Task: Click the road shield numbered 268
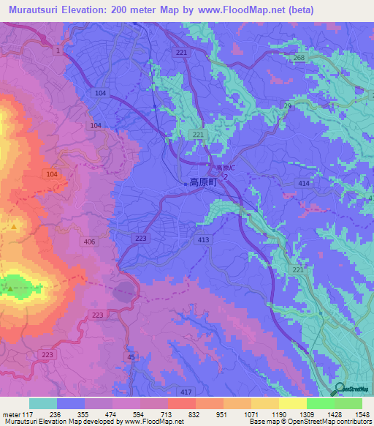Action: coord(297,59)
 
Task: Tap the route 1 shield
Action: coord(57,50)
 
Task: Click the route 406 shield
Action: coord(90,242)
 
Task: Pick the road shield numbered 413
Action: coord(204,239)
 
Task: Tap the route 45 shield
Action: coord(131,356)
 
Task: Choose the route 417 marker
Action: coord(186,393)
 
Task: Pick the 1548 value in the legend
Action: coord(354,414)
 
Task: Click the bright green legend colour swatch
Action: coord(321,403)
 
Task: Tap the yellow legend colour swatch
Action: coord(293,403)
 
